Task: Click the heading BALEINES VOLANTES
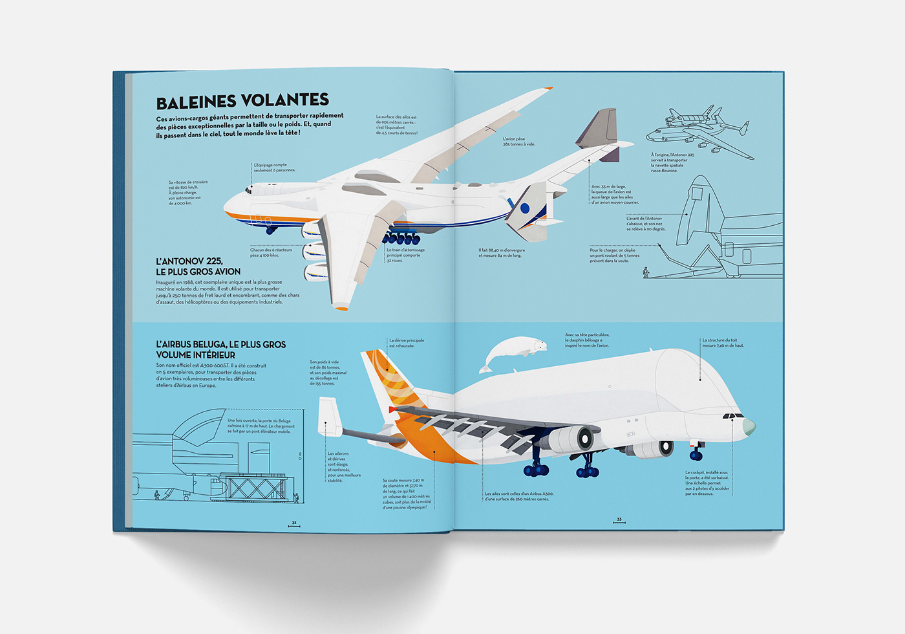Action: click(242, 101)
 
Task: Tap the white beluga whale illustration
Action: click(514, 353)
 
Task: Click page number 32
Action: click(293, 522)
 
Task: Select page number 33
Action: click(619, 519)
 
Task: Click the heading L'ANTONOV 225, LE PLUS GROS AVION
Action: click(198, 267)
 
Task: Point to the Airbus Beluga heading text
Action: click(220, 349)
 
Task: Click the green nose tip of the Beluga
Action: click(749, 426)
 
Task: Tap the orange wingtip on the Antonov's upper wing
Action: click(548, 89)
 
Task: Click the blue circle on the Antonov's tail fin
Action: click(525, 208)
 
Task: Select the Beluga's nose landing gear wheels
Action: click(696, 455)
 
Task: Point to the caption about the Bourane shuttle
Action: click(672, 163)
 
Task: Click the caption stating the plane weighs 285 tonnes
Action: click(518, 142)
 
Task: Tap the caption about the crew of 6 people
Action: click(274, 168)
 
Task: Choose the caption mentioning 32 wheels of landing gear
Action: click(405, 255)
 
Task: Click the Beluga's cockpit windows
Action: click(732, 416)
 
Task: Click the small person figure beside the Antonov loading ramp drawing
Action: click(645, 272)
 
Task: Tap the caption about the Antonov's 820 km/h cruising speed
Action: click(187, 193)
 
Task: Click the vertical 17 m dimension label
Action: click(300, 456)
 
